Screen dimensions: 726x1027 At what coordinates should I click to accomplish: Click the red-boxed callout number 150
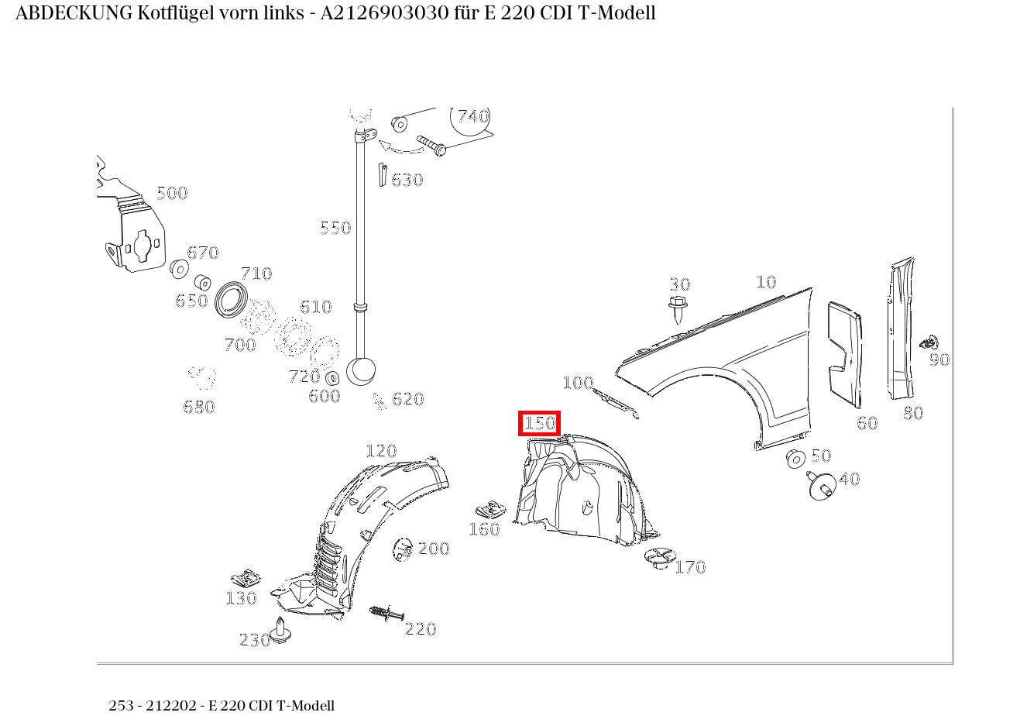(539, 424)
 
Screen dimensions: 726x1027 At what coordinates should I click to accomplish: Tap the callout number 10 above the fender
(765, 283)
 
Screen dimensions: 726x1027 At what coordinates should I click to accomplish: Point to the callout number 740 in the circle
(472, 117)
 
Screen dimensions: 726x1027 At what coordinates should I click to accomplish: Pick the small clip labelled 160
(489, 511)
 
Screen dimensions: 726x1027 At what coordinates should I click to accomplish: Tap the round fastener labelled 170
(659, 558)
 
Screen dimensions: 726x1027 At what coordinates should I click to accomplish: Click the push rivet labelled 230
(280, 631)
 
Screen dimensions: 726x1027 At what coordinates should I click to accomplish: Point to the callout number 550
(335, 228)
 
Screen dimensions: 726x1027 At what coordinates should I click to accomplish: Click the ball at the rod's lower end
(360, 370)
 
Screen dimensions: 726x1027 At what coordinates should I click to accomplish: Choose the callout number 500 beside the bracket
(172, 194)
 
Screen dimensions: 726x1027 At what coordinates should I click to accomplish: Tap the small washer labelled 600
(333, 378)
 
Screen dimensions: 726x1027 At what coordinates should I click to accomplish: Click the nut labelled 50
(795, 459)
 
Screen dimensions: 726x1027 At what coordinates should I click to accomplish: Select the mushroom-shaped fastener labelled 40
(820, 485)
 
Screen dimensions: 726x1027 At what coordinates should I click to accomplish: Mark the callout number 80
(913, 414)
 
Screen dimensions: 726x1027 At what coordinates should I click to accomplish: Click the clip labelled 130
(246, 579)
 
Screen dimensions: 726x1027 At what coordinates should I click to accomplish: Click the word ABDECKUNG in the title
(74, 13)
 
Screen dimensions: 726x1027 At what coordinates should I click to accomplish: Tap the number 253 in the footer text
(121, 706)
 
